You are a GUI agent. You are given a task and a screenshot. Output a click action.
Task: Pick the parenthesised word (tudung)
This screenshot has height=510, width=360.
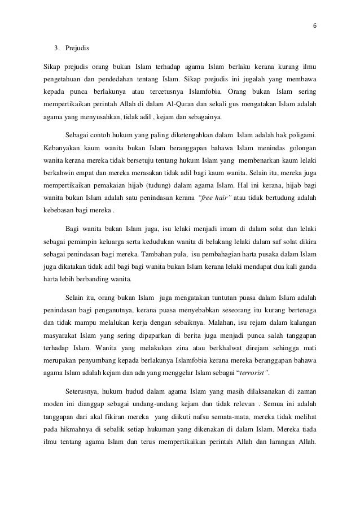point(164,184)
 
